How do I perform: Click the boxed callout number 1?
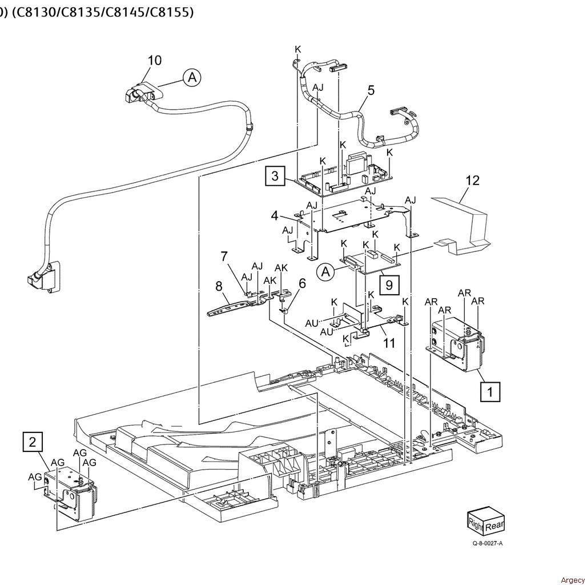pyautogui.click(x=490, y=392)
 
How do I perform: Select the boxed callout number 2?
pyautogui.click(x=33, y=442)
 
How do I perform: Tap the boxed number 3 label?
pyautogui.click(x=275, y=175)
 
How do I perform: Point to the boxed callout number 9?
pyautogui.click(x=389, y=286)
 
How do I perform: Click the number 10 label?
pyautogui.click(x=155, y=60)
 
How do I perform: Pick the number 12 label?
pyautogui.click(x=472, y=181)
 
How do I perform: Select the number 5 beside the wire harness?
pyautogui.click(x=371, y=90)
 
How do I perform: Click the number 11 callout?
pyautogui.click(x=389, y=343)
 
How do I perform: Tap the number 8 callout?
pyautogui.click(x=219, y=287)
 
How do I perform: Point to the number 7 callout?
pyautogui.click(x=224, y=257)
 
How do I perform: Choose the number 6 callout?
pyautogui.click(x=302, y=283)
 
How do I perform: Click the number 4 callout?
pyautogui.click(x=275, y=216)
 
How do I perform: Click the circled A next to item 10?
pyautogui.click(x=192, y=78)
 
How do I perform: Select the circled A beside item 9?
pyautogui.click(x=325, y=272)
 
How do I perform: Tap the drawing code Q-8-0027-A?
pyautogui.click(x=487, y=543)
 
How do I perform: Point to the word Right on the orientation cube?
pyautogui.click(x=476, y=523)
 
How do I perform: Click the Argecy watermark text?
pyautogui.click(x=572, y=580)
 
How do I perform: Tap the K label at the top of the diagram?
pyautogui.click(x=298, y=49)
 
